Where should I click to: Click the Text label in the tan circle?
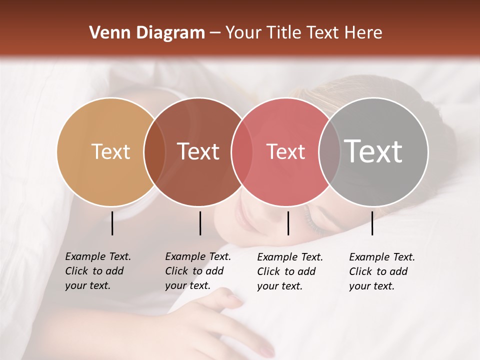[110, 151]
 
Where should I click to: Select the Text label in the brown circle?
[198, 151]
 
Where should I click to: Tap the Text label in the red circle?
[285, 151]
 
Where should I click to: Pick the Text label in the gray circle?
[373, 151]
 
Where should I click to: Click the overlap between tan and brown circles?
[154, 151]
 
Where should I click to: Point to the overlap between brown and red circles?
[242, 151]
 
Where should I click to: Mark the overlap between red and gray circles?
[329, 151]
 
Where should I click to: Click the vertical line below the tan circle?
[112, 223]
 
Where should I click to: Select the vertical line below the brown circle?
[200, 223]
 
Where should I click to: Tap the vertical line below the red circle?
[288, 223]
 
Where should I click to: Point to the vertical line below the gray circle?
[372, 223]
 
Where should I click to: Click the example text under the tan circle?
[97, 271]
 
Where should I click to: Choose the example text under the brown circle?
[197, 271]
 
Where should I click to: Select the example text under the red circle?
[289, 271]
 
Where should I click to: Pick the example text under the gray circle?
[381, 271]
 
